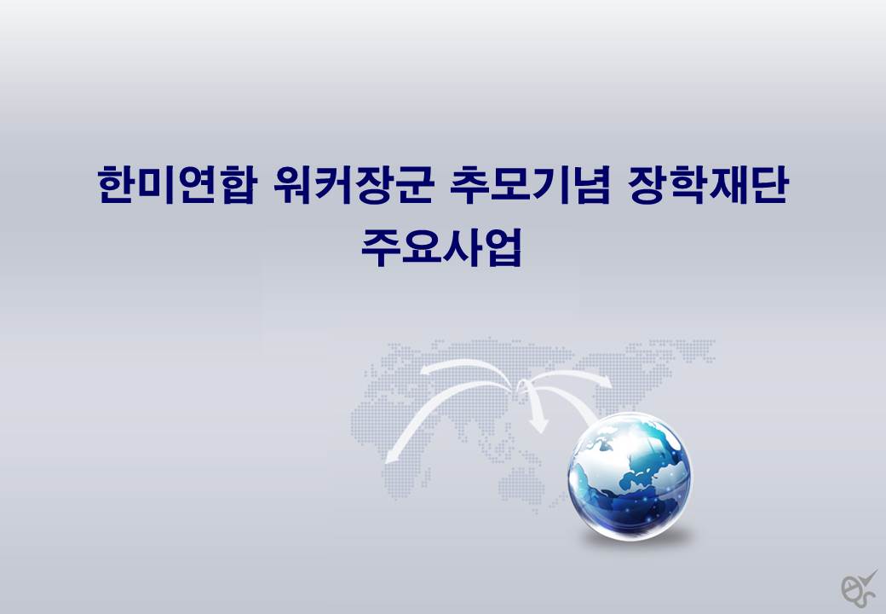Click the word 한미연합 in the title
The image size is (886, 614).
[177, 184]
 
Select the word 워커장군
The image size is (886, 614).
[354, 184]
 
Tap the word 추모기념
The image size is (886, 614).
[530, 184]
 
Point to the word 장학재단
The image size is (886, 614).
[707, 184]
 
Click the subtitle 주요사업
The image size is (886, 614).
[441, 247]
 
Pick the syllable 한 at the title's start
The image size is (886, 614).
[117, 184]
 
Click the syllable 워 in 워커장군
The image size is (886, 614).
[294, 184]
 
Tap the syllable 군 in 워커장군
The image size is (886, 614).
[414, 184]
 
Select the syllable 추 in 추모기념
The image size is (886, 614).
[470, 184]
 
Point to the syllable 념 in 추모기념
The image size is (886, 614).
[591, 184]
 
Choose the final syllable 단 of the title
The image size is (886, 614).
[768, 184]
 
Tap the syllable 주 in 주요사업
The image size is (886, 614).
[381, 247]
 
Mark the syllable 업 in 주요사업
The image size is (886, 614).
[502, 247]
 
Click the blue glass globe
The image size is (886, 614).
[630, 475]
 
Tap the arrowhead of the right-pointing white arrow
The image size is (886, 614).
[612, 385]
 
